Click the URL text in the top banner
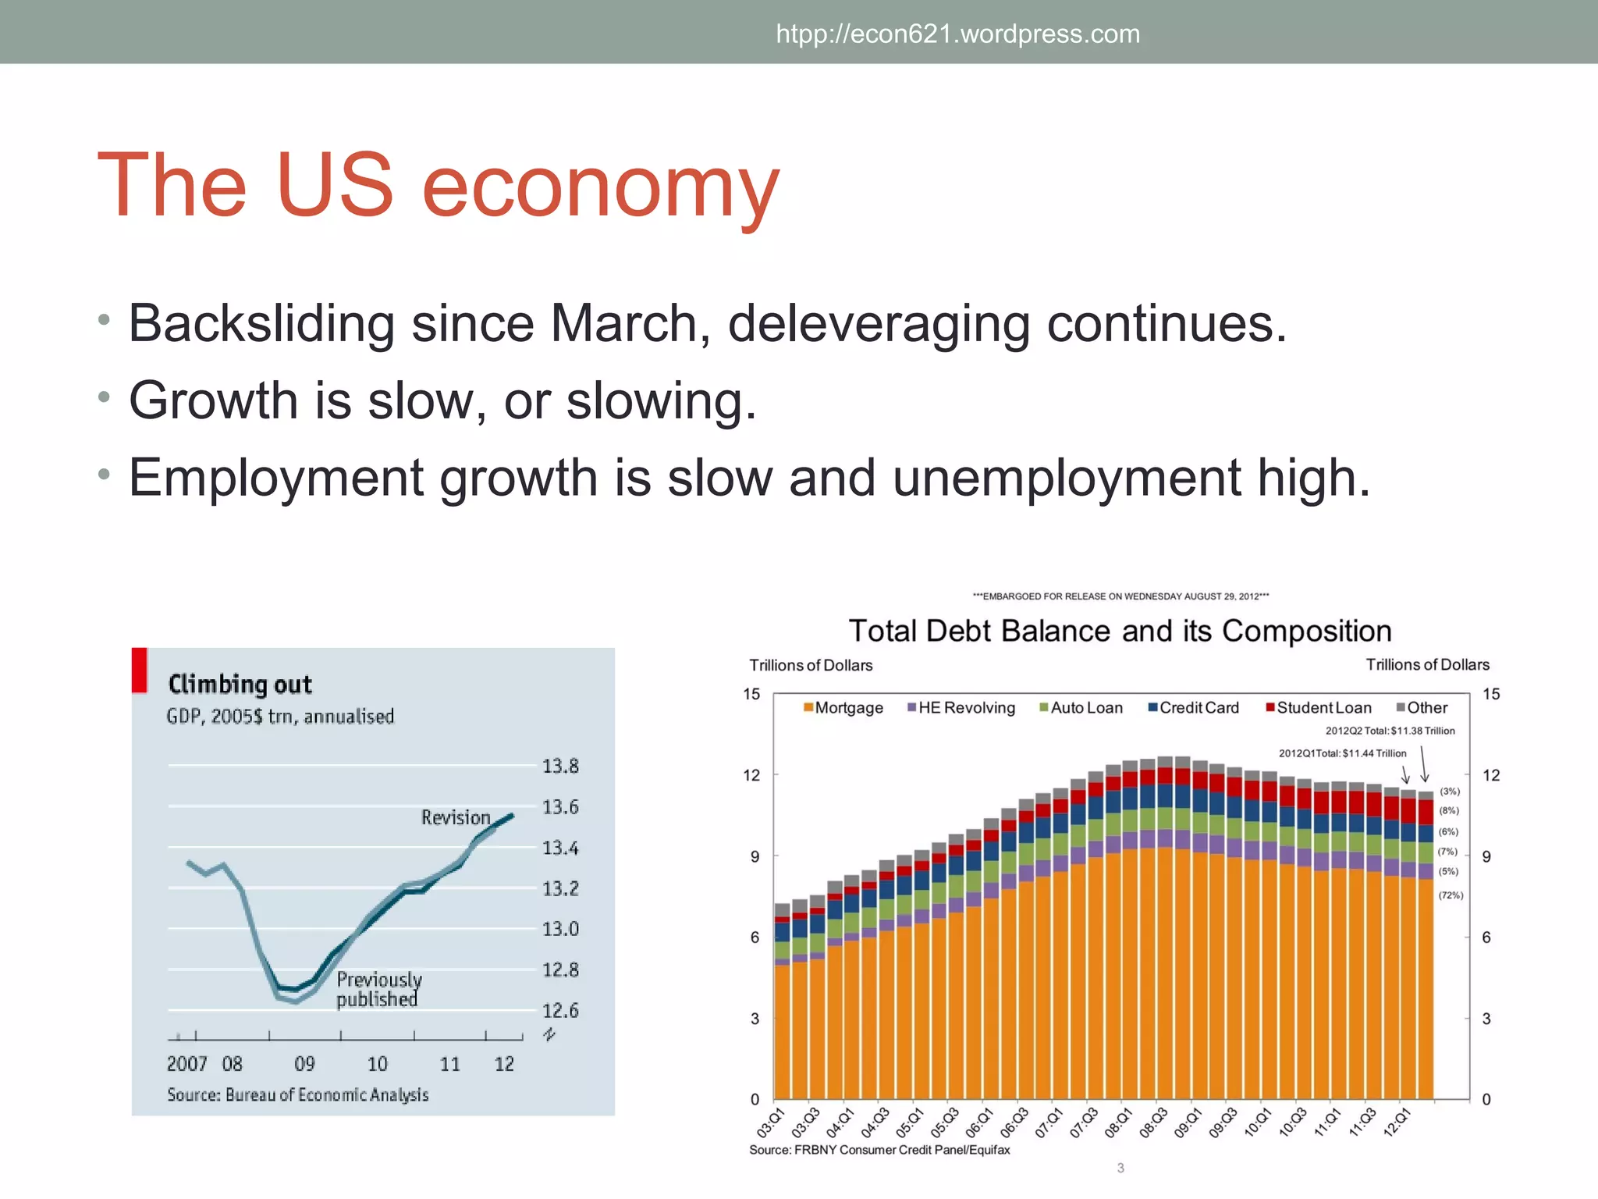click(x=957, y=34)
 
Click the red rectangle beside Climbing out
click(x=140, y=671)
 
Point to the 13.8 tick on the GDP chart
click(x=560, y=766)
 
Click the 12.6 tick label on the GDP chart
click(x=560, y=1011)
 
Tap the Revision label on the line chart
click(x=456, y=817)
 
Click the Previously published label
click(x=379, y=989)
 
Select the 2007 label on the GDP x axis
click(x=186, y=1064)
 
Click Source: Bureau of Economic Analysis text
click(x=297, y=1094)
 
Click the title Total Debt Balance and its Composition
click(x=1120, y=631)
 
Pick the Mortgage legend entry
click(x=843, y=708)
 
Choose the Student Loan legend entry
click(x=1319, y=708)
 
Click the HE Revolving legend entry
click(x=961, y=708)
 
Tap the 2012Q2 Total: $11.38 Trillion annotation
click(x=1390, y=731)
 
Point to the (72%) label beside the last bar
click(x=1451, y=895)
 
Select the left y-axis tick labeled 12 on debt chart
click(x=751, y=775)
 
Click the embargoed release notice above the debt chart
click(x=1120, y=596)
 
